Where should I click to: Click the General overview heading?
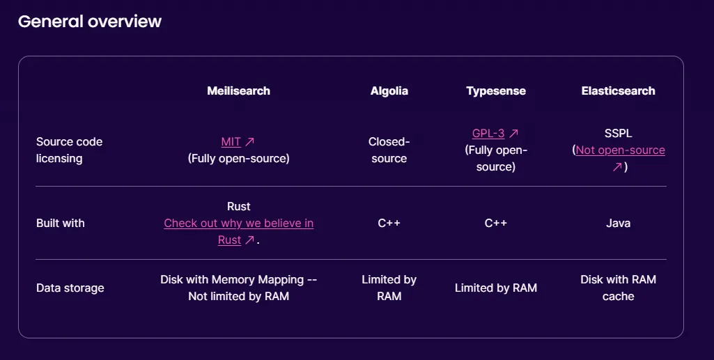point(90,22)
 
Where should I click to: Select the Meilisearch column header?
point(239,91)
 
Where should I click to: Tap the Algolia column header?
point(389,91)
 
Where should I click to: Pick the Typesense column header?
point(496,91)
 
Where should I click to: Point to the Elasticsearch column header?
point(619,91)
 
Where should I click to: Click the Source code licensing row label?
point(69,150)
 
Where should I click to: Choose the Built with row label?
point(61,223)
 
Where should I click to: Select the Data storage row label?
point(70,288)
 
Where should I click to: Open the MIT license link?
point(231,142)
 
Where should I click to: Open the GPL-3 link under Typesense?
point(488,134)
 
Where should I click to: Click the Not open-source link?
point(620,150)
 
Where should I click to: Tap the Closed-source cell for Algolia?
point(389,150)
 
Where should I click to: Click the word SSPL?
point(619,134)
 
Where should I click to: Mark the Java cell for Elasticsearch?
point(619,223)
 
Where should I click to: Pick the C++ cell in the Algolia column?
point(389,223)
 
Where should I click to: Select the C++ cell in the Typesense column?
point(496,223)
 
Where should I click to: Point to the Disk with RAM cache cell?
point(619,288)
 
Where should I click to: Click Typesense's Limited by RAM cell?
point(496,288)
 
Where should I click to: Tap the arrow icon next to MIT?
point(249,142)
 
